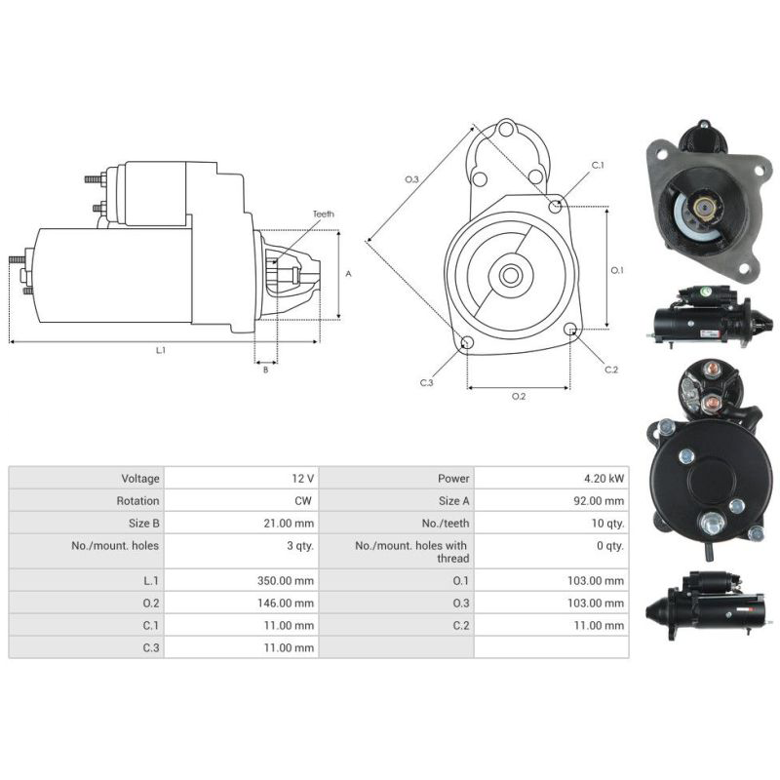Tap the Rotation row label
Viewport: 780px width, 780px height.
139,501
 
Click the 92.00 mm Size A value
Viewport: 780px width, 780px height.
601,501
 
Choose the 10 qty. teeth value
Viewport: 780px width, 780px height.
606,524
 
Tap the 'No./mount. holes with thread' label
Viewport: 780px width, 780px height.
411,552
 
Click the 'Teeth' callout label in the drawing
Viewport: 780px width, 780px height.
323,214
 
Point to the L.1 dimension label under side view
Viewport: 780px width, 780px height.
161,350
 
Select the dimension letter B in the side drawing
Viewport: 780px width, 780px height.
264,370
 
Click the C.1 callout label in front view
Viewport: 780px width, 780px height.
598,166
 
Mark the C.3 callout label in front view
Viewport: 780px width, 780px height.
426,383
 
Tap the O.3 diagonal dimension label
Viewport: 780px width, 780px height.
411,179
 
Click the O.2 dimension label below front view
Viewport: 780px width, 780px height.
519,396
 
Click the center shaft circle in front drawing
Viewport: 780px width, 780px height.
510,275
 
